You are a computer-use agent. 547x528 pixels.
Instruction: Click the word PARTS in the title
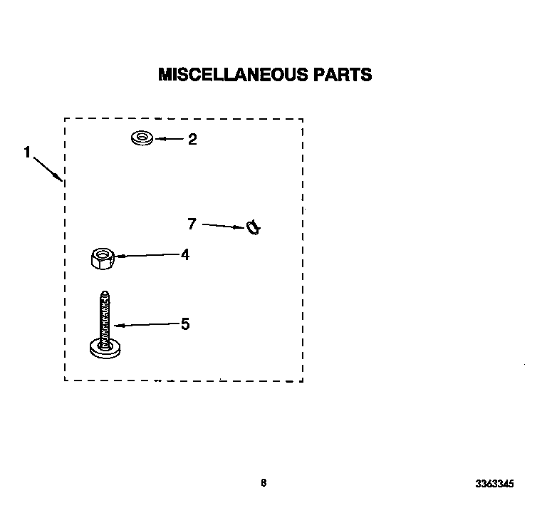tap(343, 74)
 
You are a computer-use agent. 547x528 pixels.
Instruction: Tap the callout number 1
tap(27, 152)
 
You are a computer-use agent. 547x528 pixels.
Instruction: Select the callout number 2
tap(192, 139)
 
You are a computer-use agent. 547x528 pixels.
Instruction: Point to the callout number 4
tap(185, 255)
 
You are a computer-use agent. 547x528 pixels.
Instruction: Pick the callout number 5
tap(185, 323)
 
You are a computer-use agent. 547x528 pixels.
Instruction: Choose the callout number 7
tap(192, 224)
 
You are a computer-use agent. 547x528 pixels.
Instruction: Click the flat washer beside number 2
tap(142, 138)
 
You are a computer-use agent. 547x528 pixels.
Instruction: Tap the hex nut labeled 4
tap(103, 259)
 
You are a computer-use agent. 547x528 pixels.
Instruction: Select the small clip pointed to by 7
tap(253, 228)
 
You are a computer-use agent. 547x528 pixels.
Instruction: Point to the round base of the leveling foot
tap(105, 350)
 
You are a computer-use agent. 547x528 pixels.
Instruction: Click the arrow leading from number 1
tap(48, 170)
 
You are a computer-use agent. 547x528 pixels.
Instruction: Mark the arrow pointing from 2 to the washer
tap(170, 139)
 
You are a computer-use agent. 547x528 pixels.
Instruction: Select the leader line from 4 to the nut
tap(148, 256)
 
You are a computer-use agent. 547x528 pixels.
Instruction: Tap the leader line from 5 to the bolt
tap(147, 324)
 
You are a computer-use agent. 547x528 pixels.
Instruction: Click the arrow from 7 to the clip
tap(223, 226)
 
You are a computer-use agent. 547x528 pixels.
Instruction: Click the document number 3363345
tap(494, 484)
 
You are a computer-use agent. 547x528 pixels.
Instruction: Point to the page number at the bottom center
tap(264, 482)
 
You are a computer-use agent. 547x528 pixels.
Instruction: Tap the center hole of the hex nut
tap(102, 254)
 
